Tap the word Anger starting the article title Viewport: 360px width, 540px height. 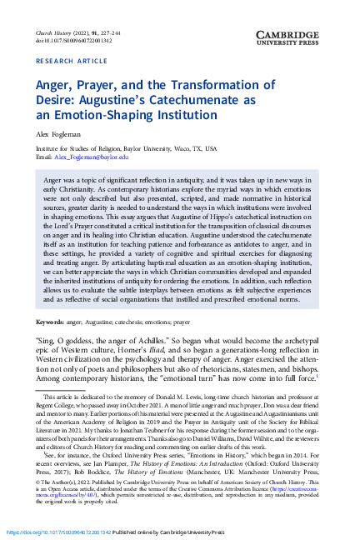click(52, 86)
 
